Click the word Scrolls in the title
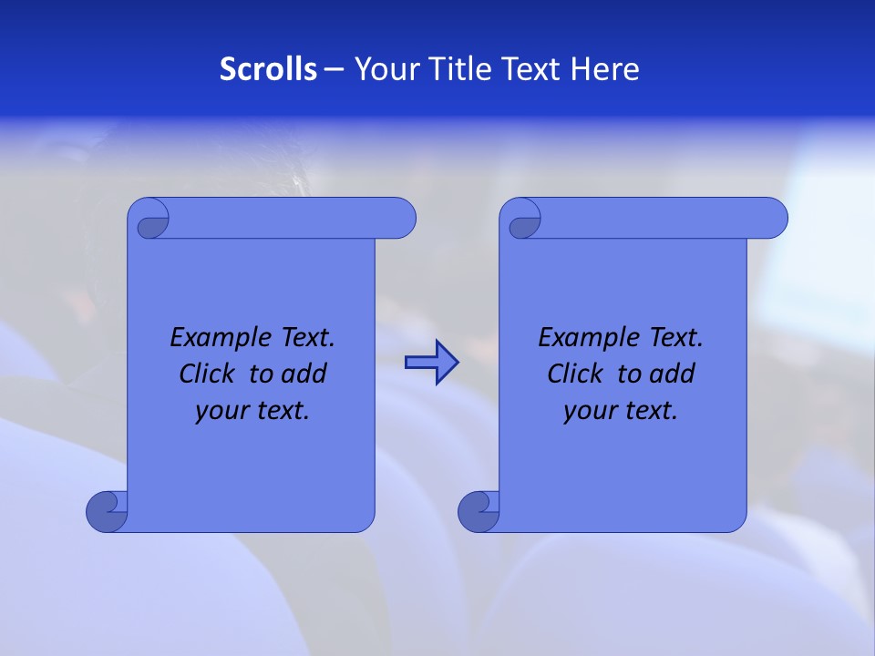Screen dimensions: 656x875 (268, 68)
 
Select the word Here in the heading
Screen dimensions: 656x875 (605, 68)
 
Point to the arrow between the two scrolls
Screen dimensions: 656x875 (431, 363)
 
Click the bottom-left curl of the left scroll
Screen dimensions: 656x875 (106, 512)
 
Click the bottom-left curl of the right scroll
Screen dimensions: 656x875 (478, 512)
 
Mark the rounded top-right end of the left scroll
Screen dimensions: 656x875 (401, 218)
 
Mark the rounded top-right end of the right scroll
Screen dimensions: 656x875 (773, 218)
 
